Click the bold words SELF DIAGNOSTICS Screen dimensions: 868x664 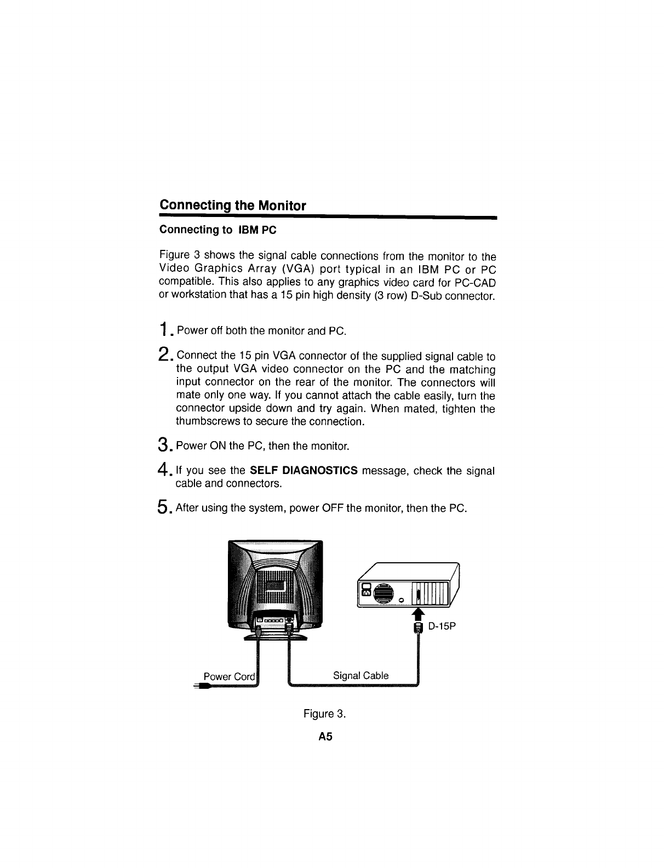tap(304, 471)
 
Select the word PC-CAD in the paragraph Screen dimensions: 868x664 tap(476, 282)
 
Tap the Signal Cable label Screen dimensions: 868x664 tap(360, 676)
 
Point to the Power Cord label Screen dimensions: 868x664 tap(229, 676)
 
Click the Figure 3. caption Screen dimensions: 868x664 tap(325, 713)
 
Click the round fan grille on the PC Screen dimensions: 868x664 tap(384, 593)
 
